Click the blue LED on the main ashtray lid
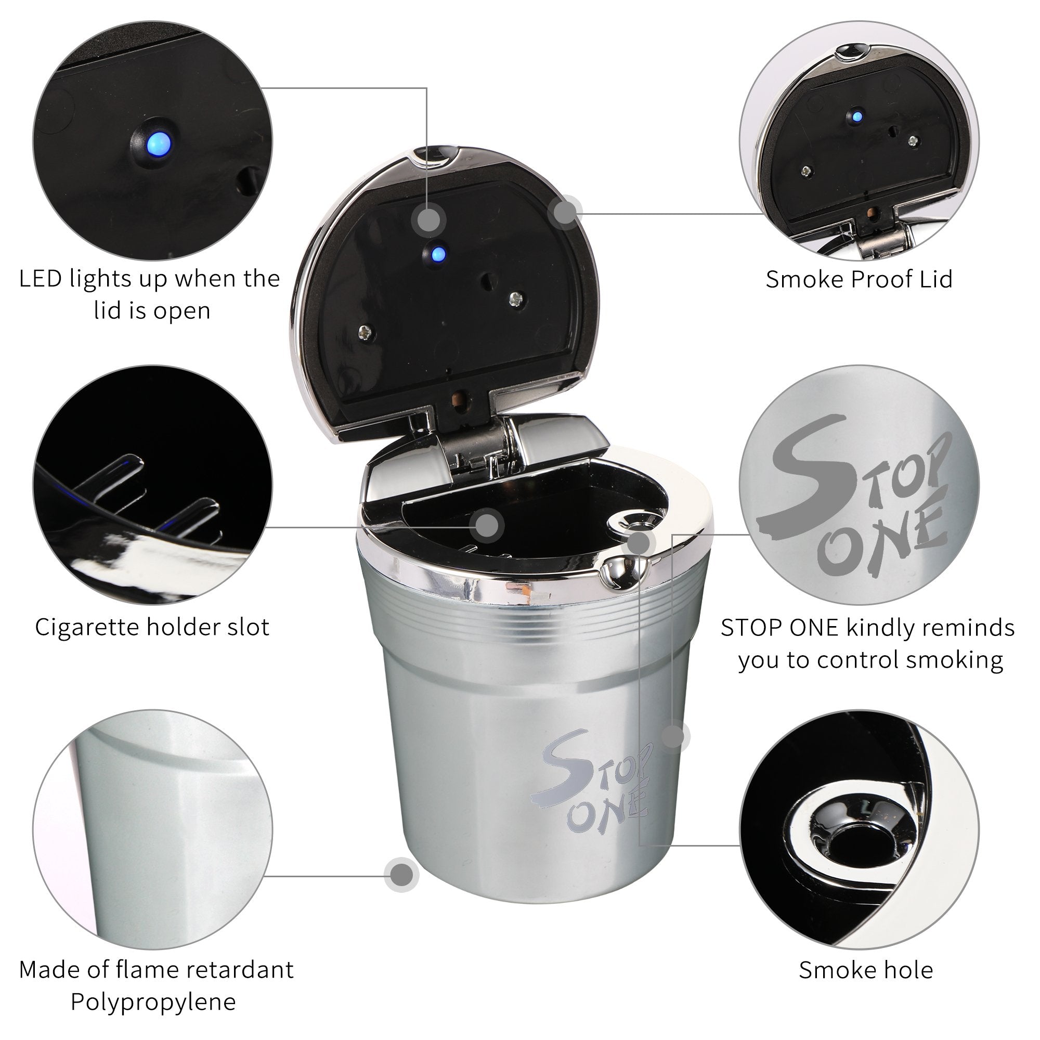[440, 252]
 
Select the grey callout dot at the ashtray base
[402, 875]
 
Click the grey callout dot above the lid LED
[428, 219]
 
